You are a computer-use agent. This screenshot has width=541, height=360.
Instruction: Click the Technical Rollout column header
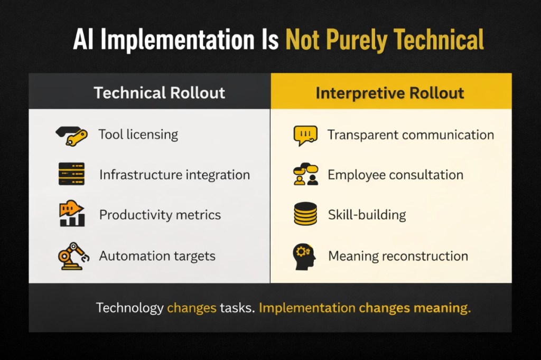pyautogui.click(x=159, y=93)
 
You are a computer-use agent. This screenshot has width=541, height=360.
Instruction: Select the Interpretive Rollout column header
pyautogui.click(x=390, y=93)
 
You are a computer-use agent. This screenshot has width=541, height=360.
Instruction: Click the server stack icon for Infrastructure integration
pyautogui.click(x=71, y=174)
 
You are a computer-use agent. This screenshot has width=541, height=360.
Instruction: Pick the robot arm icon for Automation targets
pyautogui.click(x=72, y=255)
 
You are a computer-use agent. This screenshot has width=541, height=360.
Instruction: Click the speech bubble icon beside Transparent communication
pyautogui.click(x=305, y=135)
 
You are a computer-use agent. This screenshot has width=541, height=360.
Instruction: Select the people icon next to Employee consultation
pyautogui.click(x=305, y=175)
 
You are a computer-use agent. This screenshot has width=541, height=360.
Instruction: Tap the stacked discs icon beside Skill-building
pyautogui.click(x=305, y=214)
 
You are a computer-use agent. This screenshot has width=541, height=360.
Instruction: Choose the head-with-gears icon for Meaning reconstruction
pyautogui.click(x=305, y=255)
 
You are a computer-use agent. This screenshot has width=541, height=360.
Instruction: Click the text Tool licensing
pyautogui.click(x=138, y=135)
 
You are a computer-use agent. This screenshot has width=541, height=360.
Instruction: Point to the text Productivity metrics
pyautogui.click(x=160, y=215)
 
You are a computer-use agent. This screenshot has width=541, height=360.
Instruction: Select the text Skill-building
pyautogui.click(x=367, y=215)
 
